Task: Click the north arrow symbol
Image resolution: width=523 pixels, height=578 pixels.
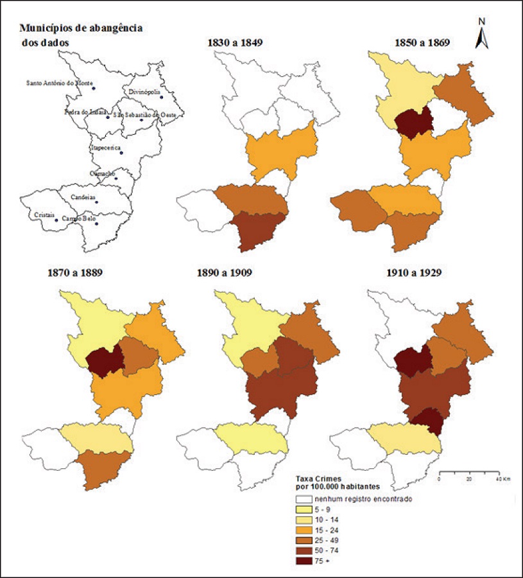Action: (x=483, y=34)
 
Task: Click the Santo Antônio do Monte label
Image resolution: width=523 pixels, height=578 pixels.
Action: (x=60, y=83)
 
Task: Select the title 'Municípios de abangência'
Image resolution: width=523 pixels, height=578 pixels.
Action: (x=81, y=28)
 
